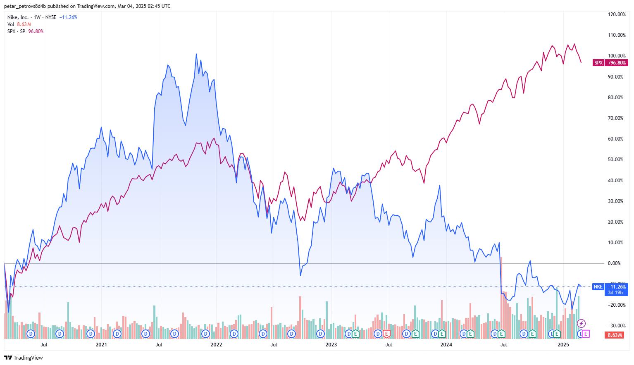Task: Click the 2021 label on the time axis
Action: pos(101,344)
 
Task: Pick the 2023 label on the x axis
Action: pos(331,344)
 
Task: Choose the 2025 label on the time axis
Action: pos(563,344)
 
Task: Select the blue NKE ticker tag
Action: pos(598,286)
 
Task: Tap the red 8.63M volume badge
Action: pos(615,335)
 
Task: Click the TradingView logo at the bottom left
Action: pos(24,358)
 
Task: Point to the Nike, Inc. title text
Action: pos(18,17)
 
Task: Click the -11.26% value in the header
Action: pos(68,17)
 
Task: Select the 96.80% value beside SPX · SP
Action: pos(36,31)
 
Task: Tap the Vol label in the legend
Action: pos(11,24)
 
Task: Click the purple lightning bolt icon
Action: pos(581,323)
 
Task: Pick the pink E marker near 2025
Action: pos(586,334)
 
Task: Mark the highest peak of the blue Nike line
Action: pos(196,54)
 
